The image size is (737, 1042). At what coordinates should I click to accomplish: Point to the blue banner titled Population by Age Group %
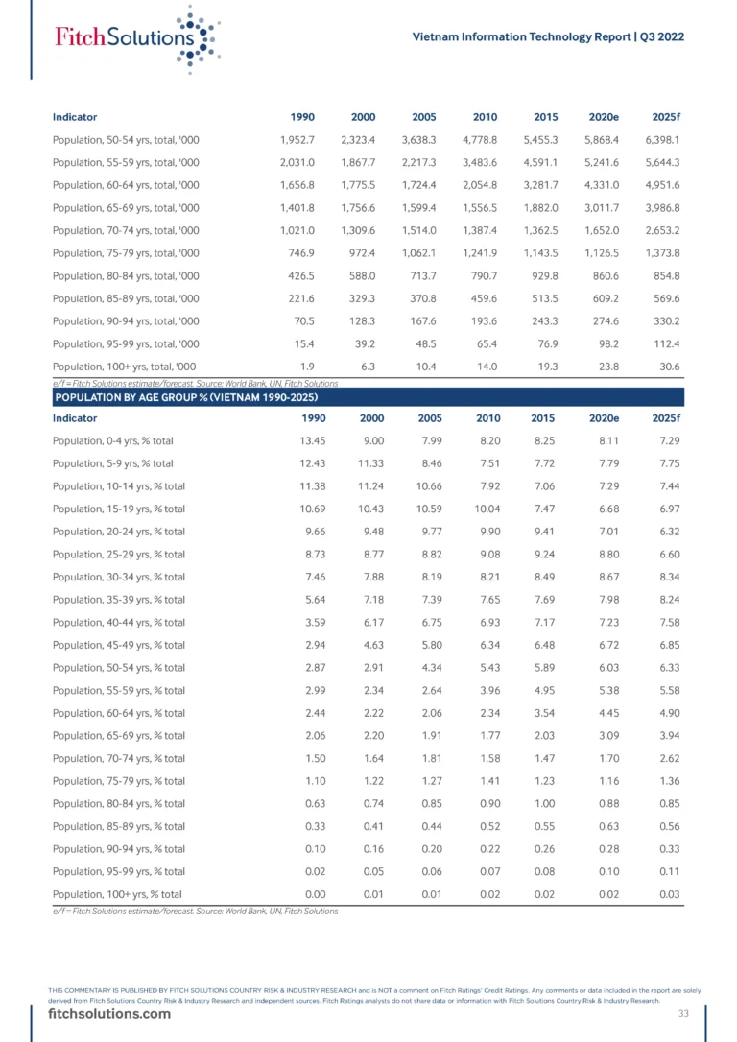(368, 396)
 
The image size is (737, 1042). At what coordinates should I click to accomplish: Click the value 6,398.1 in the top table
(661, 140)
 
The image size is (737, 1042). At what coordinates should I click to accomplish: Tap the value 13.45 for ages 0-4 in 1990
(290, 441)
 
